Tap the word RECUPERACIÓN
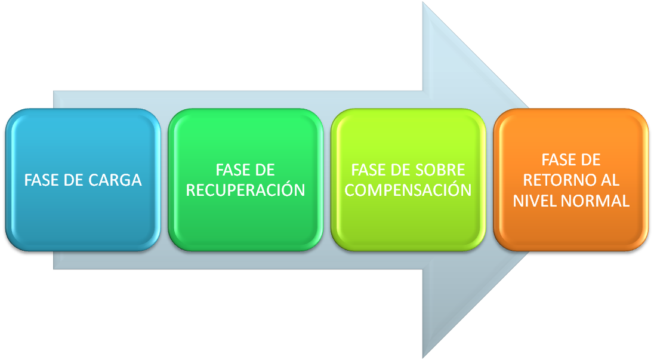point(246,190)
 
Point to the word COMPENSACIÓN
point(408,190)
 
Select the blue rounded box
point(82,227)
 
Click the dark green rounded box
point(246,227)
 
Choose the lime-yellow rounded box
point(408,227)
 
